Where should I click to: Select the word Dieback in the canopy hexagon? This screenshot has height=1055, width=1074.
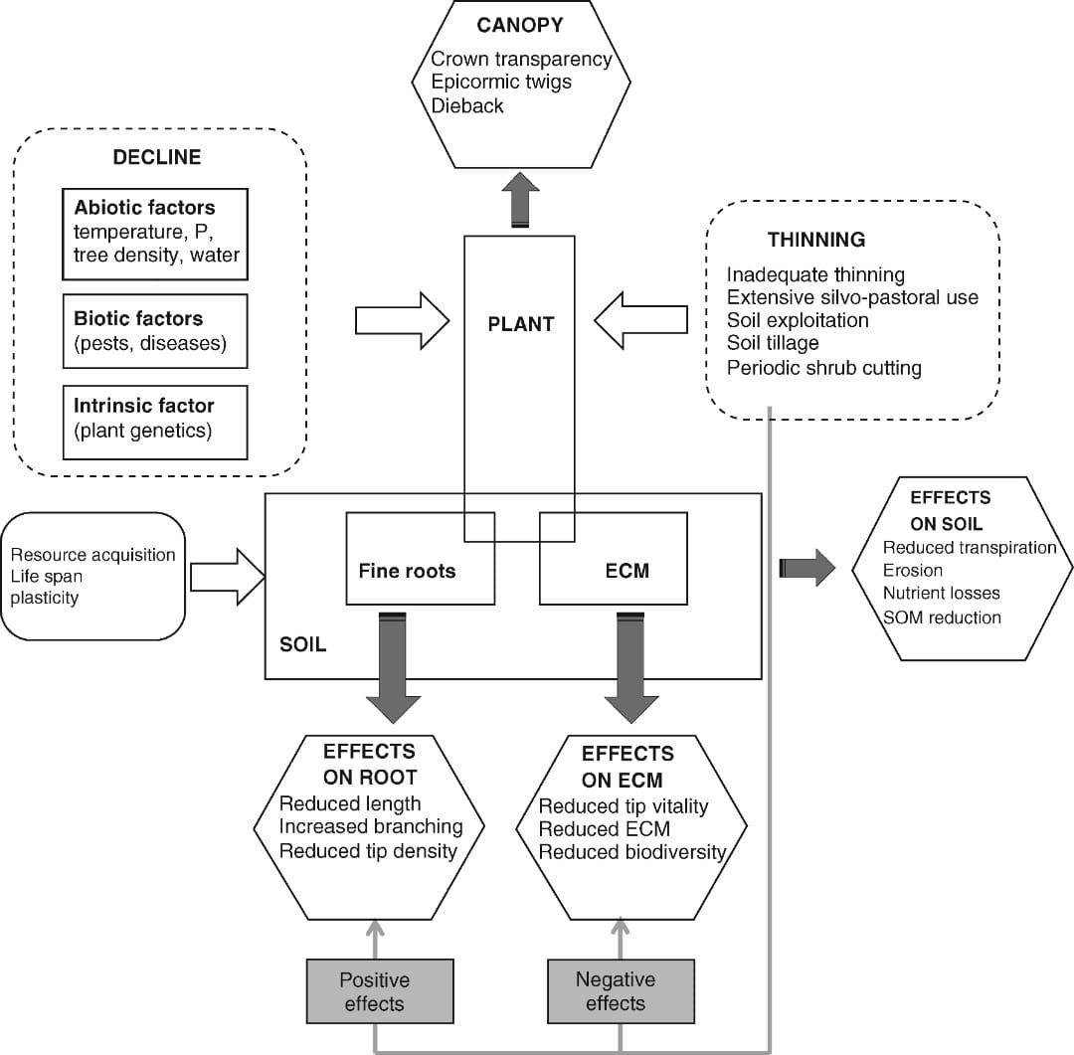(x=467, y=104)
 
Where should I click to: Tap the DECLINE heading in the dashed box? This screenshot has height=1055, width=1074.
(x=156, y=157)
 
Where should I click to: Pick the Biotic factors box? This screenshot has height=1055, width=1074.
(x=154, y=331)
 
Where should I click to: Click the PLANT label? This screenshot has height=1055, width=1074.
(x=520, y=323)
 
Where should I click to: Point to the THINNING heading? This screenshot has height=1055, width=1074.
(x=815, y=240)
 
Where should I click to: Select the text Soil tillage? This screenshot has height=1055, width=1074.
(x=773, y=344)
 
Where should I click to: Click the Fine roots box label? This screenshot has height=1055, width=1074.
(x=407, y=571)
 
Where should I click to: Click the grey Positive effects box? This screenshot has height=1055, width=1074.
(x=374, y=990)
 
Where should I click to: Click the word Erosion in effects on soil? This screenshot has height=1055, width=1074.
(x=912, y=570)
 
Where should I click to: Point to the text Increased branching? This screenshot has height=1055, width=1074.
(x=371, y=826)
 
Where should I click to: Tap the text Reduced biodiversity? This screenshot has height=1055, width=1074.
(x=632, y=852)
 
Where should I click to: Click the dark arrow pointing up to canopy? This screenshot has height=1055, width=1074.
(x=520, y=203)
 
